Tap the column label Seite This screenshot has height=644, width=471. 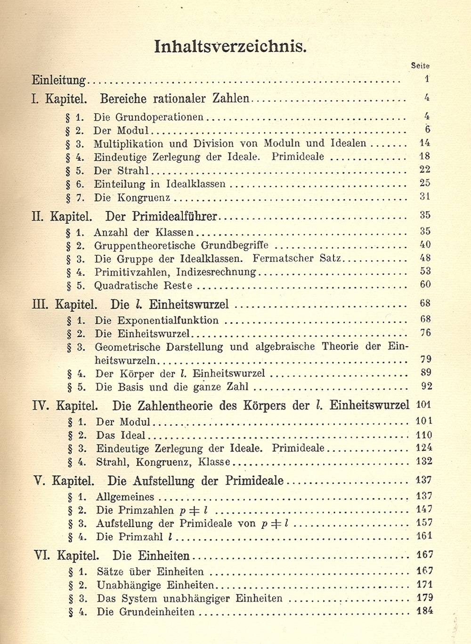click(x=420, y=66)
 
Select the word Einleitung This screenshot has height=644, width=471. click(x=59, y=80)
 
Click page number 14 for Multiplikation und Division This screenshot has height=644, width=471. click(x=424, y=143)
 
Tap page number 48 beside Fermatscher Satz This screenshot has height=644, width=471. click(x=425, y=258)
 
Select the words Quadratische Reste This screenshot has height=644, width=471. click(x=143, y=285)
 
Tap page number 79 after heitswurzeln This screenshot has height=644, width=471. click(x=425, y=360)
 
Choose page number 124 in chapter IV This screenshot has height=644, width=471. click(x=424, y=448)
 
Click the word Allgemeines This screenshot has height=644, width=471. click(x=125, y=497)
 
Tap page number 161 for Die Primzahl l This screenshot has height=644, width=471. click(x=424, y=536)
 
